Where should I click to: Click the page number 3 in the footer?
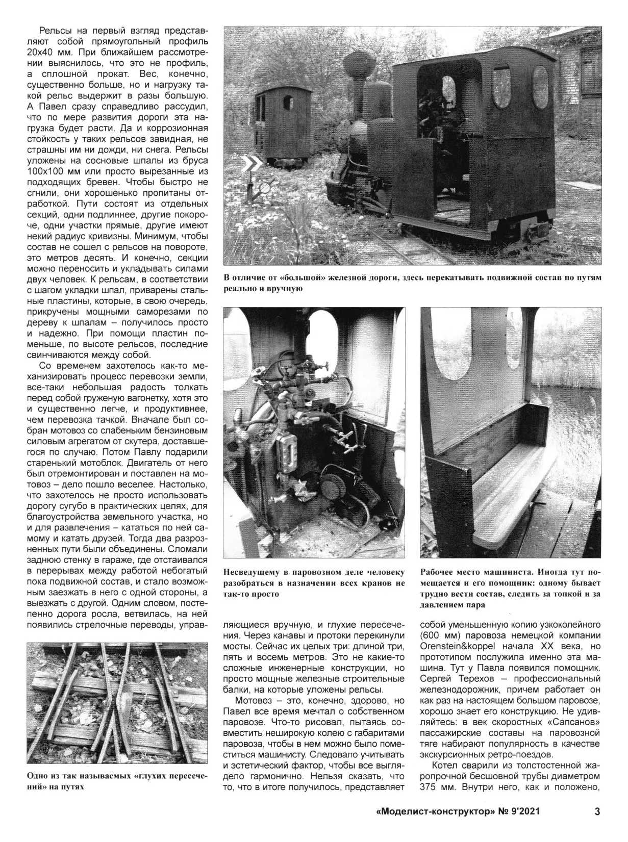pyautogui.click(x=597, y=825)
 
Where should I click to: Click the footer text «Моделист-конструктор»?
pyautogui.click(x=434, y=825)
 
